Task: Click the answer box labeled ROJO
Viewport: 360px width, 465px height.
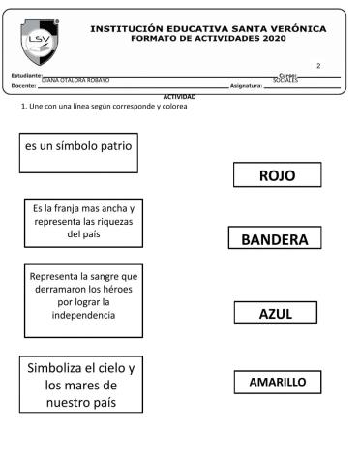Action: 276,175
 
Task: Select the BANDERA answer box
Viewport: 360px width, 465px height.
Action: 274,239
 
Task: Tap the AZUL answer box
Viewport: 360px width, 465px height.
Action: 276,313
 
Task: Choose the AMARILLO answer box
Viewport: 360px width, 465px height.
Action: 277,383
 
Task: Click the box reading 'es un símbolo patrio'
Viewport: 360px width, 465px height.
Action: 79,151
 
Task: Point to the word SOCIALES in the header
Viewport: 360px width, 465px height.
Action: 285,80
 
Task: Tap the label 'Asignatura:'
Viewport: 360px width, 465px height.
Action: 246,86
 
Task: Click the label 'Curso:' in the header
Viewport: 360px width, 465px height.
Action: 287,74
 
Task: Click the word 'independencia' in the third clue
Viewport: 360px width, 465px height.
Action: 85,316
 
